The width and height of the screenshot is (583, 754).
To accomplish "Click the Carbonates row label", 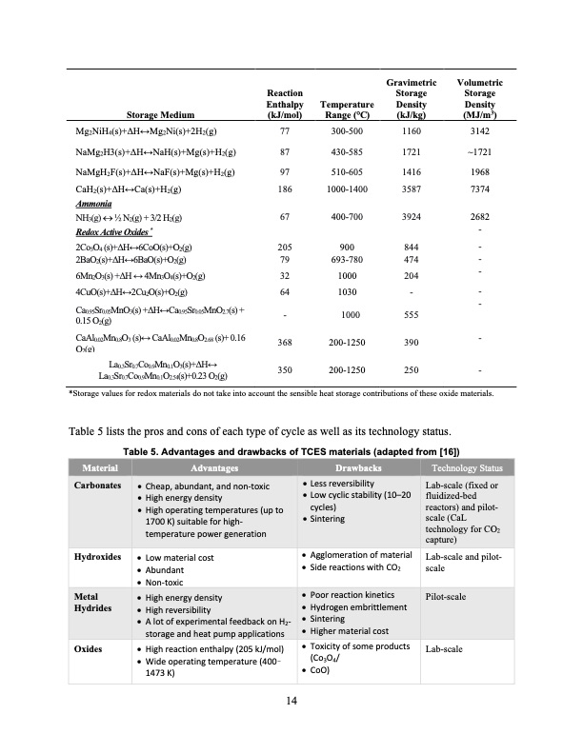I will point(98,485).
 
